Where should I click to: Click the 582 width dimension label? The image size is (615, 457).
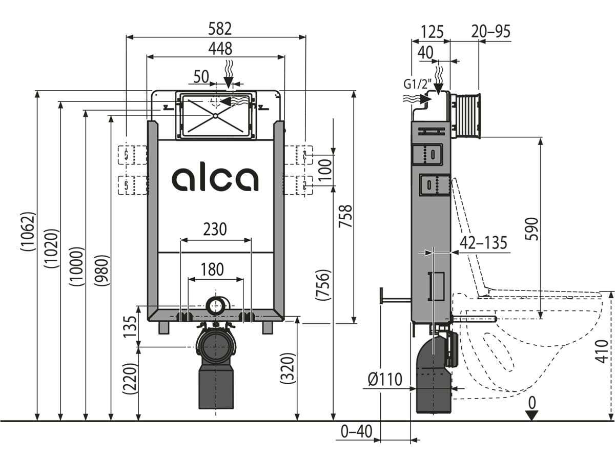[x=216, y=28]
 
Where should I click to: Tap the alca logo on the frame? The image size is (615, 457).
[x=215, y=179]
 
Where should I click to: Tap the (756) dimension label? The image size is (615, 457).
[x=323, y=285]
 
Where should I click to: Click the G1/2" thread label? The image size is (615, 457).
[x=415, y=85]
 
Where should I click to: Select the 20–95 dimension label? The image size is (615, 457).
[x=491, y=32]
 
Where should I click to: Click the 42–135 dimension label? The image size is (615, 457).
[x=483, y=242]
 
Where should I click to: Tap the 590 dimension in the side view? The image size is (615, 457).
[x=531, y=232]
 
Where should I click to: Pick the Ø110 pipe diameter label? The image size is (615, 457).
[x=385, y=380]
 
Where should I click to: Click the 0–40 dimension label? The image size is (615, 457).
[x=357, y=432]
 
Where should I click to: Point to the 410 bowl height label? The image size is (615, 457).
[x=604, y=351]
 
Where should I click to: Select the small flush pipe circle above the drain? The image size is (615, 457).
[x=216, y=306]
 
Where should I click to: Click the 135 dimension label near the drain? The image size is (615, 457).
[x=131, y=327]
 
